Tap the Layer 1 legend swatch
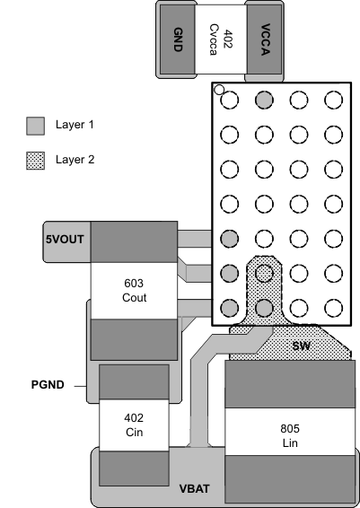click(x=35, y=125)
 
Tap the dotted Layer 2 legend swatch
click(x=35, y=160)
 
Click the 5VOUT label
click(x=65, y=240)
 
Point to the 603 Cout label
click(x=134, y=290)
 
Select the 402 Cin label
click(x=134, y=425)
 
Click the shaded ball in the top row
click(x=264, y=100)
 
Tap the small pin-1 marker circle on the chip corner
click(x=218, y=90)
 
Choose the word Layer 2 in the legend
click(x=75, y=160)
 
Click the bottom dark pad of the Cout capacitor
click(x=134, y=338)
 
